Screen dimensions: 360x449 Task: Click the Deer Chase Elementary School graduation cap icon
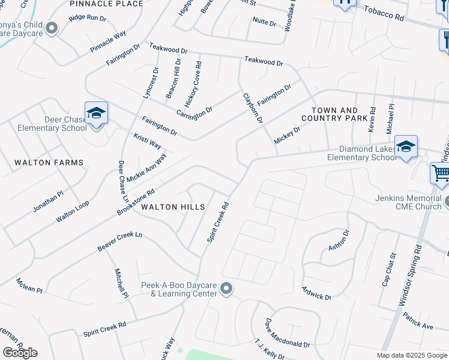tap(96, 113)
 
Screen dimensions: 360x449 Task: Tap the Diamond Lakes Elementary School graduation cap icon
tap(406, 146)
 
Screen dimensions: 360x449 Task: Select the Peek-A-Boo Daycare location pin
tap(226, 289)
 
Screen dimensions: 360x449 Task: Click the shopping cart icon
tap(441, 173)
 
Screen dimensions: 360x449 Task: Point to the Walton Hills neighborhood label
tap(173, 207)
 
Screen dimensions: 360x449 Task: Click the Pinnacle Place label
tap(106, 4)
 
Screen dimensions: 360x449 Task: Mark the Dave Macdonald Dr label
tap(287, 334)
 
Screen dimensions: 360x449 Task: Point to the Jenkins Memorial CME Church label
tap(408, 202)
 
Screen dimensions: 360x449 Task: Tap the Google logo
tap(20, 353)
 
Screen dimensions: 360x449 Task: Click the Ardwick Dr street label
tap(316, 293)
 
